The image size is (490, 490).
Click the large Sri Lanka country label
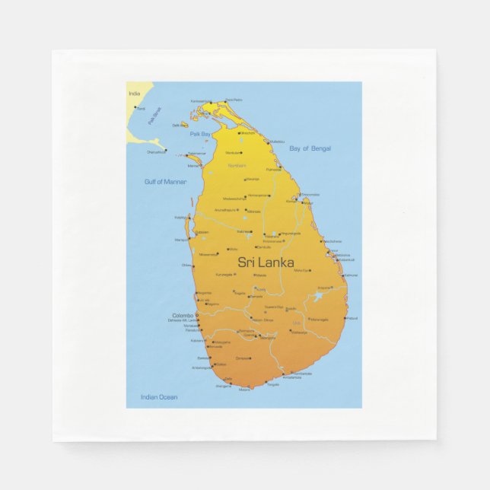coord(266,262)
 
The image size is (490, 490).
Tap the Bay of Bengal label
coord(310,148)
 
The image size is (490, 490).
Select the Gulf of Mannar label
coord(165,181)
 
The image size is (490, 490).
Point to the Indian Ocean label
coord(159,396)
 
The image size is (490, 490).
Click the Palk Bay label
coord(200,133)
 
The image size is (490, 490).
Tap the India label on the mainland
coord(135,94)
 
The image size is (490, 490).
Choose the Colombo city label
coord(183,315)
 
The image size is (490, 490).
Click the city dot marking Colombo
coord(196,315)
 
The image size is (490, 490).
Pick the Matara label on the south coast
coord(244,390)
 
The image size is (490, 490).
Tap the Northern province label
coord(237,165)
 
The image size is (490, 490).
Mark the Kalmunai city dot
coord(342,275)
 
